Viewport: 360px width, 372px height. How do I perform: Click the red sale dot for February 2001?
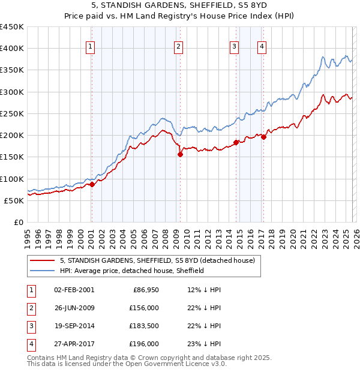[x=92, y=185]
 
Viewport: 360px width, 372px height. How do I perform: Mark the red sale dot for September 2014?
[x=236, y=142]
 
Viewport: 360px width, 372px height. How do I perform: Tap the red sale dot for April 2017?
[x=263, y=137]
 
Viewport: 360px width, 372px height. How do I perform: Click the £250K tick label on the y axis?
[x=12, y=114]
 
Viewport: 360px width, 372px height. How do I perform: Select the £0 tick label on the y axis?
[x=18, y=223]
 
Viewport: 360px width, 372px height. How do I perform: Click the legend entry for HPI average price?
[x=131, y=271]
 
